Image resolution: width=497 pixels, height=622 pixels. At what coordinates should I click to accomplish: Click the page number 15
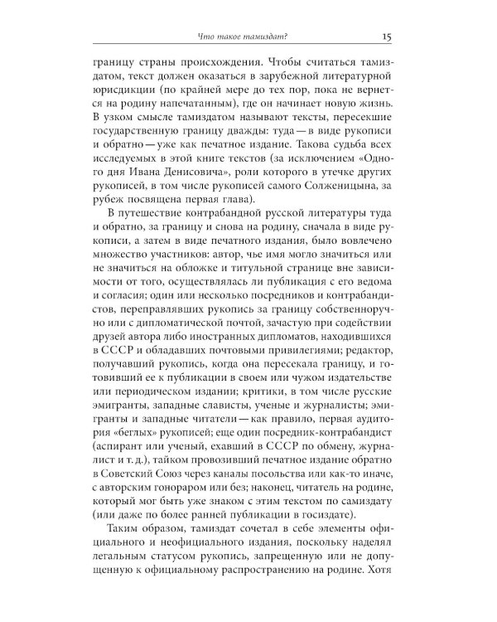[x=388, y=35]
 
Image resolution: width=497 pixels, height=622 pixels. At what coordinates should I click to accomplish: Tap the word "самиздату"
[x=371, y=506]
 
